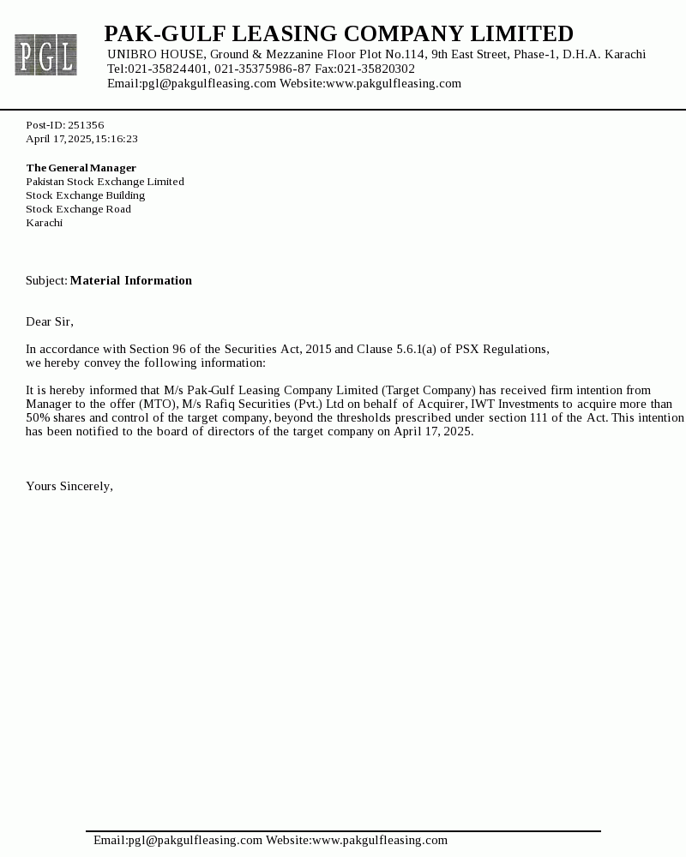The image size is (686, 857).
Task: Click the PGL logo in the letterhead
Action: coord(45,55)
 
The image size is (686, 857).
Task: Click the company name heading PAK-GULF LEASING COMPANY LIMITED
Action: coord(339,34)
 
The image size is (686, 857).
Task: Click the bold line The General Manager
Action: coord(81,168)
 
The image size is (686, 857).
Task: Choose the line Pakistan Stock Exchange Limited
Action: coord(105,182)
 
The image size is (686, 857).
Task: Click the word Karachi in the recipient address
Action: coord(44,223)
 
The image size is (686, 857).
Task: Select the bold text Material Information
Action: coord(131,281)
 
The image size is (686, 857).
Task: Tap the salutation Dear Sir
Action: coord(50,322)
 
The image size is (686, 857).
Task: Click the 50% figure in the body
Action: coord(38,418)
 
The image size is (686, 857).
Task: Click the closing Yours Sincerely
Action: coord(69,487)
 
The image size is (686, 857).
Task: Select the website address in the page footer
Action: coord(380,841)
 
